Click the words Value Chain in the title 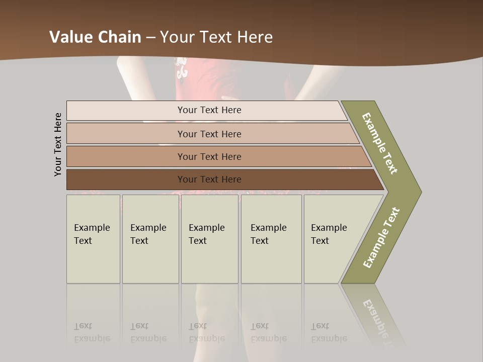pos(95,37)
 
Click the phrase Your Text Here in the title pos(216,37)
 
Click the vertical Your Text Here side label pos(58,144)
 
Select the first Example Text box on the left pos(93,238)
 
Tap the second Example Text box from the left pos(150,238)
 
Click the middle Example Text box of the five pos(209,238)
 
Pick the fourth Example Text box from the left pos(271,238)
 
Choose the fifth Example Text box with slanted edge pos(332,238)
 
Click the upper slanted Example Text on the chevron pos(380,143)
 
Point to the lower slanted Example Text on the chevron pos(381,237)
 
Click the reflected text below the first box pos(92,333)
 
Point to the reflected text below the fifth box pos(329,333)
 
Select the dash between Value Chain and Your pos(150,37)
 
